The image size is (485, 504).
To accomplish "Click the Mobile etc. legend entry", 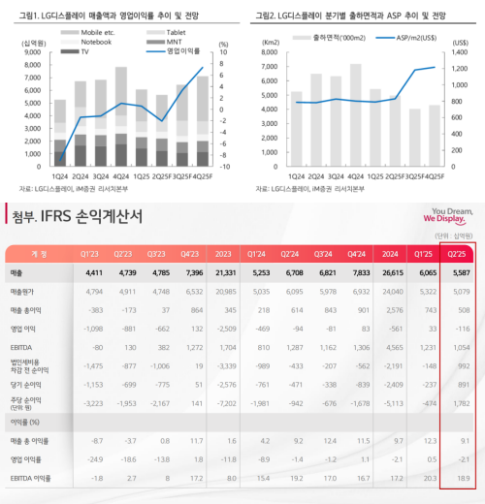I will (90, 32).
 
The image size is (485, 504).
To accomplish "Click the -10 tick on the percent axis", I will (224, 168).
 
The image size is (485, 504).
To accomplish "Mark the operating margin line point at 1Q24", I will (61, 160).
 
